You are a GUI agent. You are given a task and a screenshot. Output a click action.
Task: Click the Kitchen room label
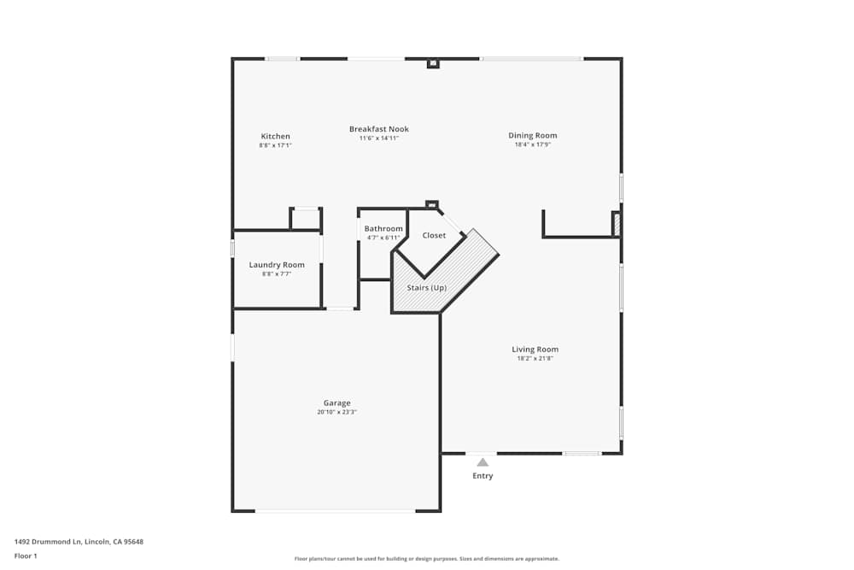pyautogui.click(x=276, y=136)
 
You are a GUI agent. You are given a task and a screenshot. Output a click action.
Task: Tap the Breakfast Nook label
pyautogui.click(x=379, y=129)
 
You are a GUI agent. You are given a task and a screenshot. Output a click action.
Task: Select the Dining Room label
pyautogui.click(x=533, y=136)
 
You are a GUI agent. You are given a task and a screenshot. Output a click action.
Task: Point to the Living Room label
pyautogui.click(x=535, y=350)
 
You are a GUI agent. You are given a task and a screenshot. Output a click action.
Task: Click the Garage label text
pyautogui.click(x=337, y=403)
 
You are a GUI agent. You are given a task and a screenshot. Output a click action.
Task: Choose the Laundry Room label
pyautogui.click(x=277, y=265)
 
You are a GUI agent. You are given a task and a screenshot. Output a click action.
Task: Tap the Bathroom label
pyautogui.click(x=383, y=229)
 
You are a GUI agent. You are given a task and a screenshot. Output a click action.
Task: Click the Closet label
pyautogui.click(x=434, y=235)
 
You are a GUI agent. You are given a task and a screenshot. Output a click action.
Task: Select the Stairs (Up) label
pyautogui.click(x=426, y=288)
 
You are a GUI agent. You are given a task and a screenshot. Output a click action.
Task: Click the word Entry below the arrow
pyautogui.click(x=483, y=476)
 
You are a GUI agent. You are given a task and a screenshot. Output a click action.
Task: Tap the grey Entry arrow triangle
pyautogui.click(x=483, y=462)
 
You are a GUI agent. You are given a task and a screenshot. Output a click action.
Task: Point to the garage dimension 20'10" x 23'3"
pyautogui.click(x=336, y=412)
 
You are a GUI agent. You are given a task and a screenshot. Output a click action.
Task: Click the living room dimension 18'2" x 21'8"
pyautogui.click(x=535, y=359)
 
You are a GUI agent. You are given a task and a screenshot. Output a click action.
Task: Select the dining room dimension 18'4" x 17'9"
pyautogui.click(x=533, y=144)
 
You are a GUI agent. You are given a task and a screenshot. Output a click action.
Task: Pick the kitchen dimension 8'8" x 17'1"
pyautogui.click(x=276, y=145)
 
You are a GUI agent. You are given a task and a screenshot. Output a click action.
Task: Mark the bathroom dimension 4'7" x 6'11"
pyautogui.click(x=383, y=238)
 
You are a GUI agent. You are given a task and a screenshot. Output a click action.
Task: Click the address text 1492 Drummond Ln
pyautogui.click(x=48, y=542)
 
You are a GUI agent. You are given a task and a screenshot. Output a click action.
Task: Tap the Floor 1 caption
pyautogui.click(x=26, y=555)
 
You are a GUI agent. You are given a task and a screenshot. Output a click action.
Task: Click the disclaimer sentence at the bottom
pyautogui.click(x=426, y=559)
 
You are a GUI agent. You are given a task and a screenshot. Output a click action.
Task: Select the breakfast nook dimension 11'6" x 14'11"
pyautogui.click(x=379, y=138)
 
